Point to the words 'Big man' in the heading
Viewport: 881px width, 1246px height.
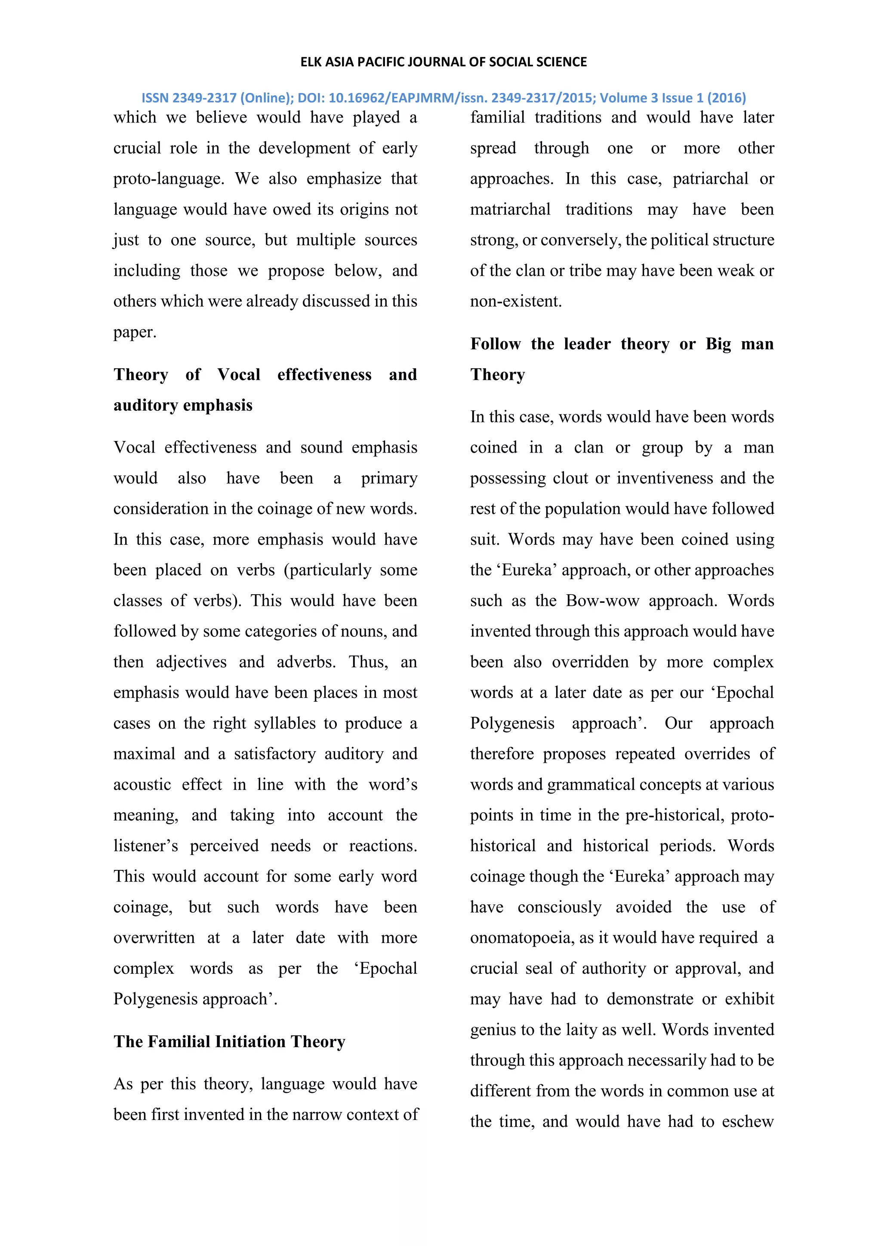click(739, 344)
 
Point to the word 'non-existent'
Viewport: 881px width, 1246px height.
click(515, 301)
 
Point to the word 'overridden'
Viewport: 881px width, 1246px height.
click(590, 662)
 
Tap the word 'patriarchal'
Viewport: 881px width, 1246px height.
click(711, 179)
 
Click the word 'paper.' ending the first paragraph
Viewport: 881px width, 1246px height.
click(135, 332)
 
